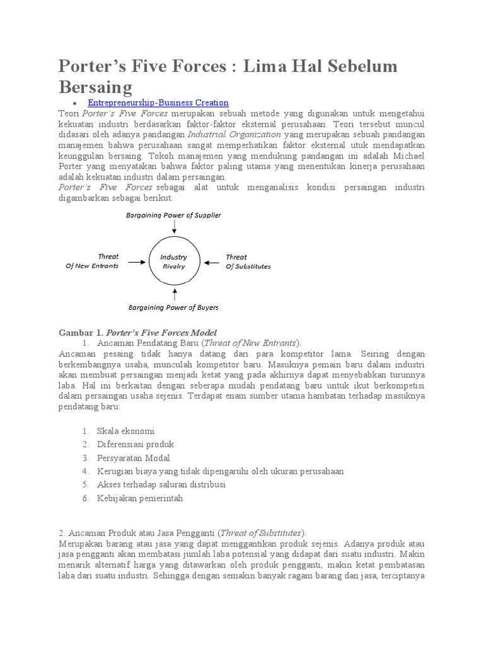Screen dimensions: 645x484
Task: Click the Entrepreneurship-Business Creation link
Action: click(x=158, y=103)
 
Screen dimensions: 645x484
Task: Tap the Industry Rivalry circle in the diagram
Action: click(x=173, y=261)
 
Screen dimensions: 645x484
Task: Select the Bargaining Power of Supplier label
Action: click(x=173, y=215)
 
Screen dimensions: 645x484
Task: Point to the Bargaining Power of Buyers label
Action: click(x=173, y=308)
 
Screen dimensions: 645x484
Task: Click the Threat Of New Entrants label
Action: click(x=92, y=261)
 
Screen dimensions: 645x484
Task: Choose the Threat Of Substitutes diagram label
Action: click(x=248, y=261)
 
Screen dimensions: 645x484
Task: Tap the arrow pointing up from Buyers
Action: click(x=173, y=294)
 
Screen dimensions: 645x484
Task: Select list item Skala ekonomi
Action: click(x=125, y=431)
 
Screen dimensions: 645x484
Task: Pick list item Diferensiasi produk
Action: click(x=135, y=445)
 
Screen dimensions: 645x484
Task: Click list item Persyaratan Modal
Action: click(x=134, y=458)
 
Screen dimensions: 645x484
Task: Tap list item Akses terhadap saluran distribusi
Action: click(x=161, y=484)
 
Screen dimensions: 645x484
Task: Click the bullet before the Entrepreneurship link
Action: click(x=74, y=103)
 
